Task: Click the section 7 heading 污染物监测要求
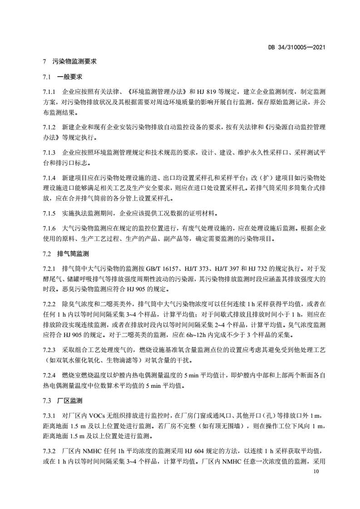(73, 60)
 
